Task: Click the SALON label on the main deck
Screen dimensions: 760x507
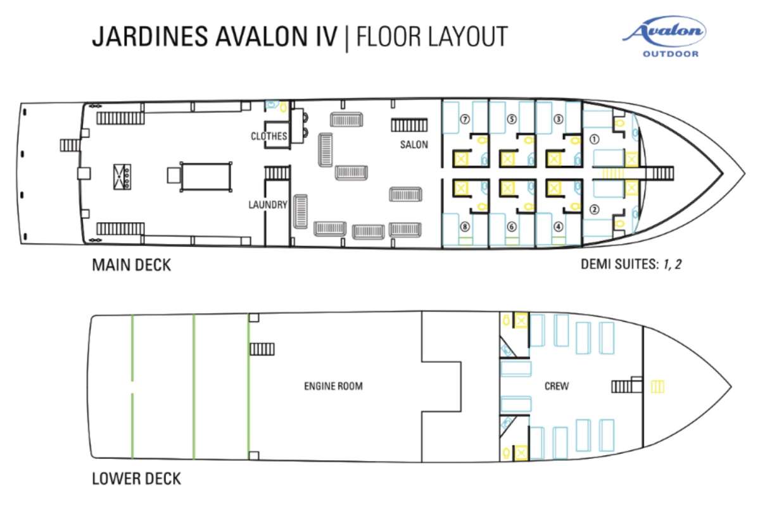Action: click(x=414, y=145)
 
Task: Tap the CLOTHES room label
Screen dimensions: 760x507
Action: click(x=269, y=136)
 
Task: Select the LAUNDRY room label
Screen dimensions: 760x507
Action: click(x=268, y=205)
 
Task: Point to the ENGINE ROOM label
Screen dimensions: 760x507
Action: click(x=333, y=386)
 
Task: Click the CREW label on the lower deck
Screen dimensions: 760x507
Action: click(x=557, y=386)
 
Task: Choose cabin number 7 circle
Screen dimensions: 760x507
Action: click(x=465, y=120)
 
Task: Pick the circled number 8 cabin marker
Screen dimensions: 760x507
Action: click(x=465, y=227)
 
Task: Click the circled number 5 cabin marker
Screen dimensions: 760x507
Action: click(x=512, y=120)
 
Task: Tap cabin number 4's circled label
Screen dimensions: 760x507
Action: click(x=558, y=227)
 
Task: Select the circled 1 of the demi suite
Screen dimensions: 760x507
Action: click(x=594, y=139)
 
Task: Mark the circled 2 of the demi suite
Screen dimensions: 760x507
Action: click(x=594, y=210)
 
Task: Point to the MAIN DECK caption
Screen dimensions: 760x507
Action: click(x=131, y=265)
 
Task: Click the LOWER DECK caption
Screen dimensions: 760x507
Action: click(x=136, y=479)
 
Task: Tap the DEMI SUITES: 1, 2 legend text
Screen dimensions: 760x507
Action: click(x=631, y=264)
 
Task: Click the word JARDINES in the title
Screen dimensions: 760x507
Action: click(x=149, y=36)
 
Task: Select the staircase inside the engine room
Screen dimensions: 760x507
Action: click(x=262, y=349)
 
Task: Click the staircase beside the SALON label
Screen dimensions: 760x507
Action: click(x=409, y=125)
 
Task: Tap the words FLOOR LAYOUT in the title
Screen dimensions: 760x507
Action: click(x=432, y=36)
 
